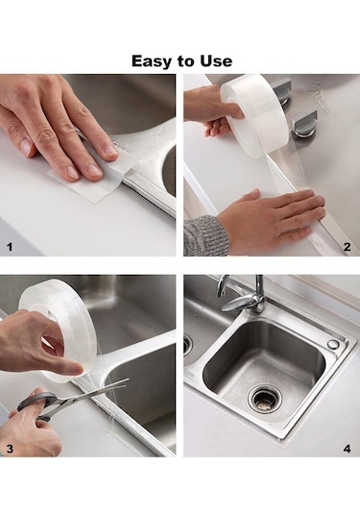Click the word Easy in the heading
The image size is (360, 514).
click(x=150, y=61)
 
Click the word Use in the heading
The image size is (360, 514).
click(x=216, y=61)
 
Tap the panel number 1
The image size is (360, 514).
click(x=10, y=247)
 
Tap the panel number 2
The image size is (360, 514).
click(x=348, y=247)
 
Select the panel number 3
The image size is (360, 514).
click(x=10, y=449)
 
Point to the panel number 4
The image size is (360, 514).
click(x=348, y=449)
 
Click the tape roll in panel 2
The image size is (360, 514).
click(x=255, y=112)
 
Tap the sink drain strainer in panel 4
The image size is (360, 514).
click(x=265, y=398)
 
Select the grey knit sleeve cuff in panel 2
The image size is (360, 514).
click(x=204, y=236)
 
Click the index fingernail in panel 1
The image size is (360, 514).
click(x=91, y=170)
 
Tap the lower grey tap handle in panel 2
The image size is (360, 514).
click(x=305, y=124)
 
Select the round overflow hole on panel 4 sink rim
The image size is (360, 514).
click(x=333, y=344)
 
